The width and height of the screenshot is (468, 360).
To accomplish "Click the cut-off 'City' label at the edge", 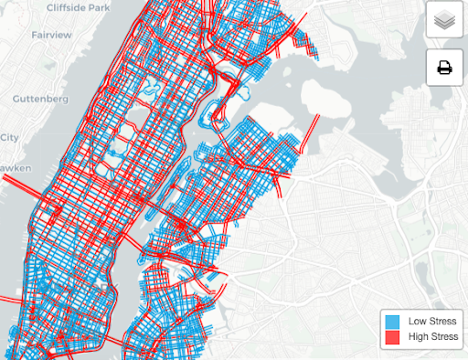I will click(x=9, y=137).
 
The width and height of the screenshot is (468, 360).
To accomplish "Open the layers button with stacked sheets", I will click(x=443, y=19).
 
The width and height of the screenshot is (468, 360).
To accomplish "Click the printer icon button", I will click(x=443, y=67).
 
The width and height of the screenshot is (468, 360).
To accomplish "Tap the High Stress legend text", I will click(x=431, y=337).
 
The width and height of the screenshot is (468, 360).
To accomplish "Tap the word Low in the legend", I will click(x=417, y=322).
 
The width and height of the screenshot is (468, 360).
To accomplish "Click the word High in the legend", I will click(x=418, y=337).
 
